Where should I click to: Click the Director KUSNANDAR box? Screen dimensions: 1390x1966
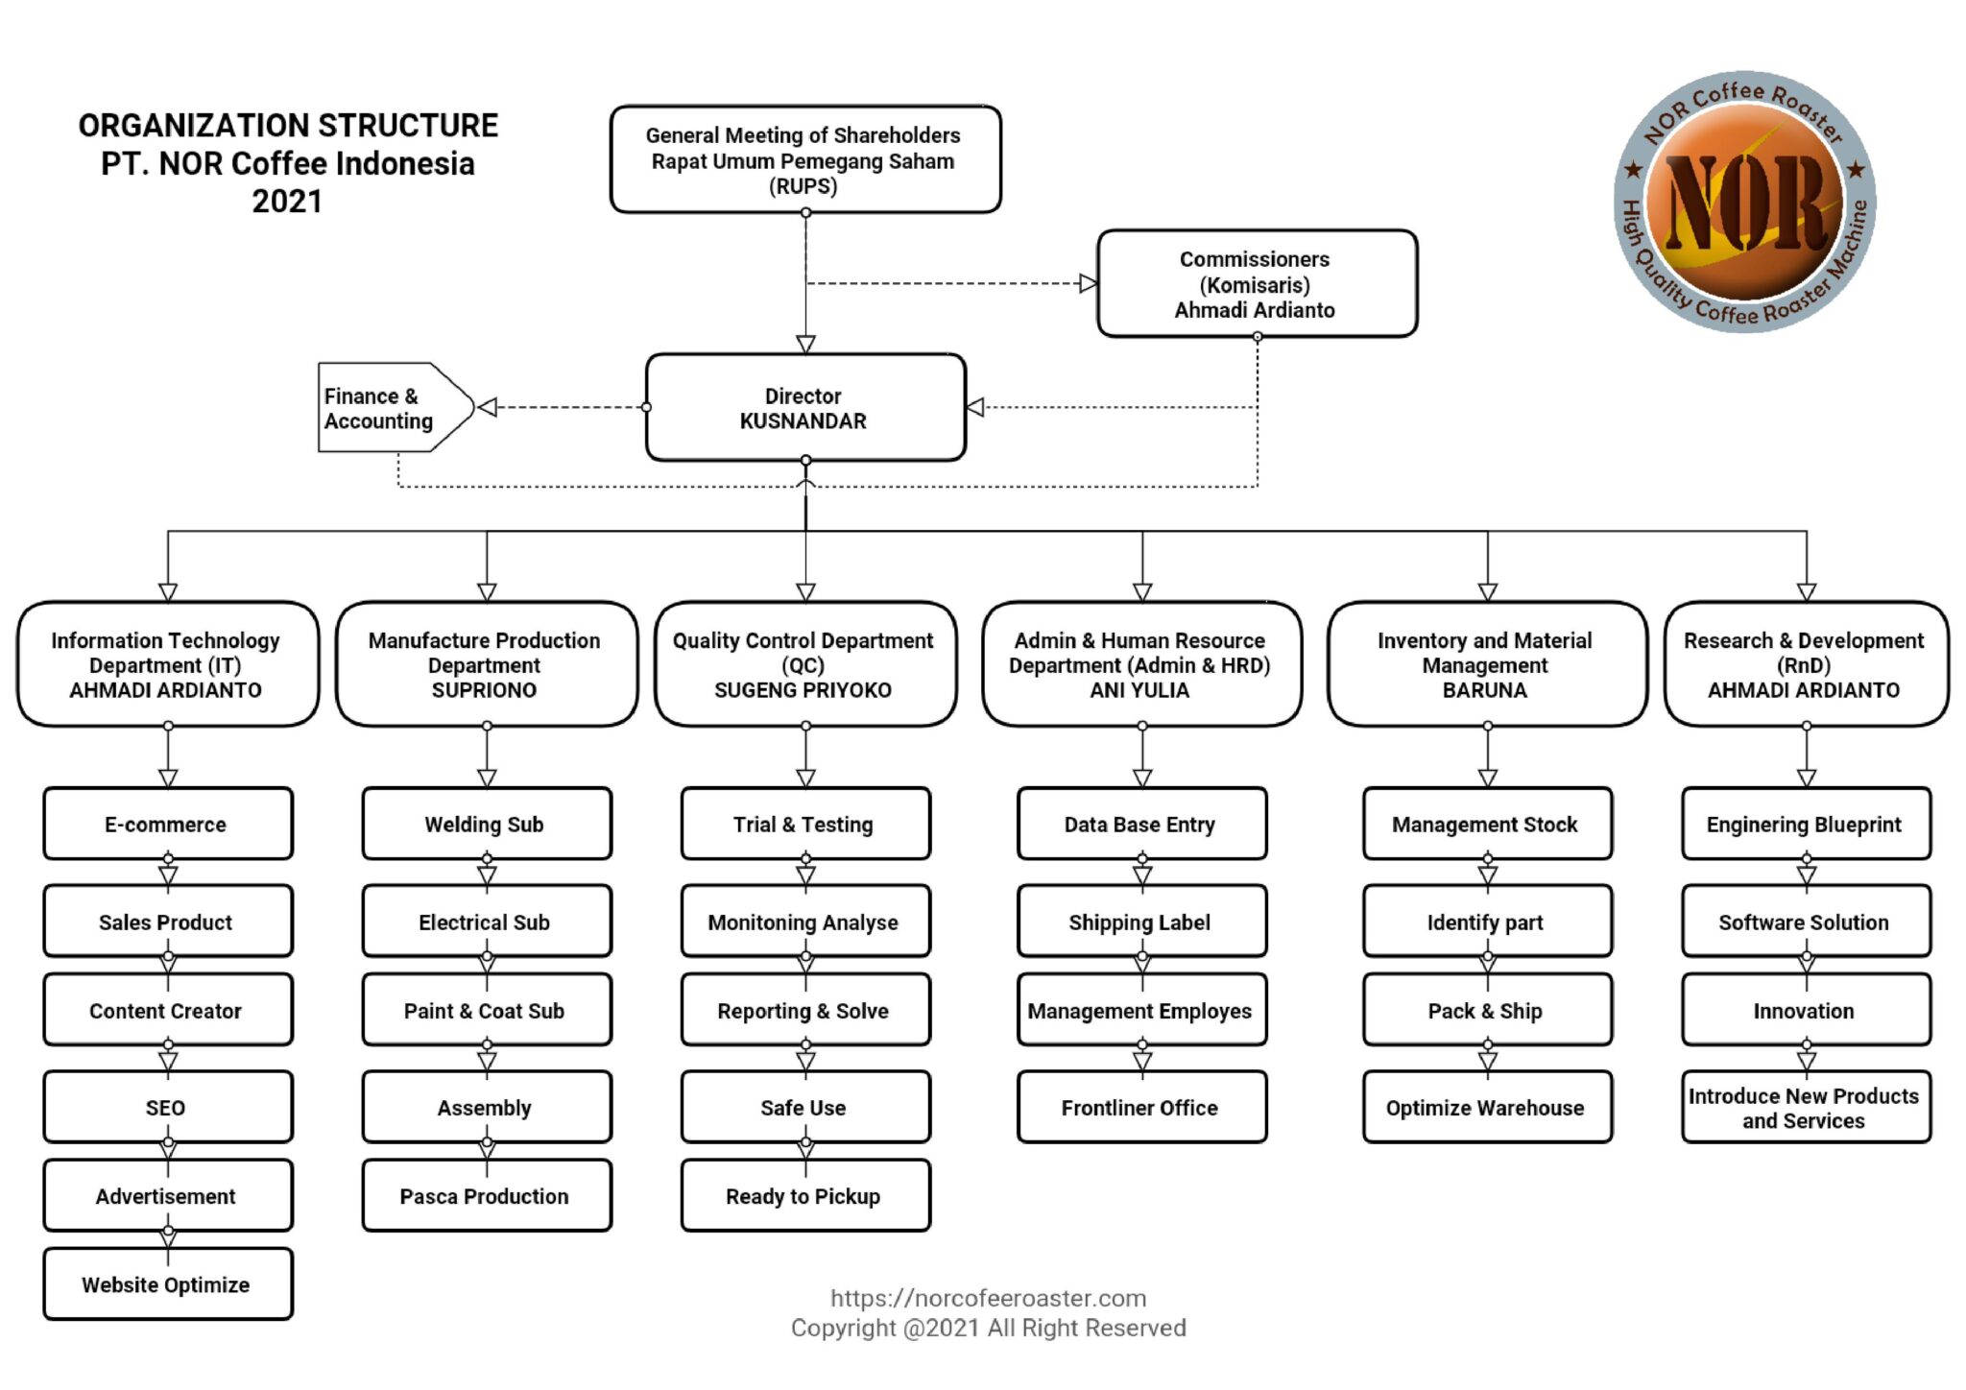coord(804,408)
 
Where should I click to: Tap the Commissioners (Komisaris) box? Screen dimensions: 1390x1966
coord(1256,284)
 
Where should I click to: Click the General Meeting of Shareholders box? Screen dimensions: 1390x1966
coord(804,160)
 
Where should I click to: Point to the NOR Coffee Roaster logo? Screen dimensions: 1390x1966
coord(1744,202)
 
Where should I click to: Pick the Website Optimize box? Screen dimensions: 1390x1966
coord(167,1284)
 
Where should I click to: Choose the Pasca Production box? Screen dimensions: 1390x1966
coord(486,1196)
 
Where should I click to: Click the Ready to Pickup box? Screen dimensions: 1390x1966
coord(804,1196)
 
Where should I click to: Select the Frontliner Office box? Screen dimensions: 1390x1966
coord(1140,1108)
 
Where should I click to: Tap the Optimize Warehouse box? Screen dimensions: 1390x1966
coord(1486,1108)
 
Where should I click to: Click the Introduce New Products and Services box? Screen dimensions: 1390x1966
coord(1805,1108)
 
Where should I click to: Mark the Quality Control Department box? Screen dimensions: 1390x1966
coord(804,664)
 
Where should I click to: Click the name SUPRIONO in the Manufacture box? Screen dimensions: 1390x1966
coord(485,690)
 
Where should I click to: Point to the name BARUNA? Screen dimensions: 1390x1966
coord(1485,690)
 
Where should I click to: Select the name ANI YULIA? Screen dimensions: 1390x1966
coord(1139,690)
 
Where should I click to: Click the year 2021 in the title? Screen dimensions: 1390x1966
coord(287,202)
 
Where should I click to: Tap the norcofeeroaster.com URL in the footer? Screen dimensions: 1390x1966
coord(989,1298)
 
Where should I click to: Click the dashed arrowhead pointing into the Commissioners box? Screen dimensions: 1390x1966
coord(1089,283)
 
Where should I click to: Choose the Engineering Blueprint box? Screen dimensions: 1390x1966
coord(1805,825)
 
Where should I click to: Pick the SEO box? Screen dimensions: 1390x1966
coord(167,1108)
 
